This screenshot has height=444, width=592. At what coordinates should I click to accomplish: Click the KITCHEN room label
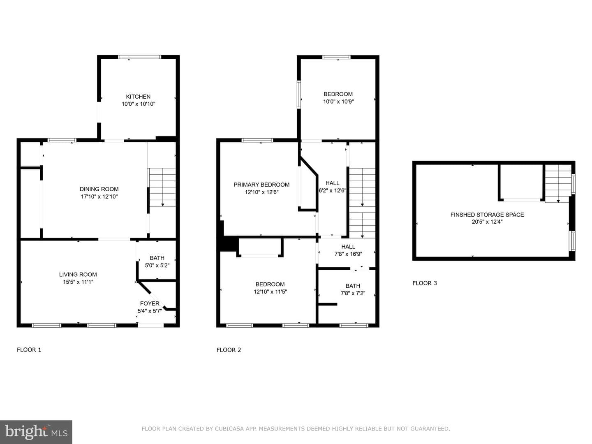(x=138, y=97)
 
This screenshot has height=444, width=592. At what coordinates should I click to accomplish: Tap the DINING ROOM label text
(x=99, y=189)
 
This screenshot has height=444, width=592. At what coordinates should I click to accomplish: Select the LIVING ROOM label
(x=78, y=275)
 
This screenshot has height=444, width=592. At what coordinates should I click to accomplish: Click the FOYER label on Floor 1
(x=150, y=303)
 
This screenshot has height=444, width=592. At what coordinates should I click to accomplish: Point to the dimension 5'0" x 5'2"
(x=157, y=265)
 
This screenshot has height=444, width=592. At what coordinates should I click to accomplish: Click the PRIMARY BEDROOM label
(x=261, y=185)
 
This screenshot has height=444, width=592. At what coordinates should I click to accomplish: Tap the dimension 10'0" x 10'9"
(x=338, y=102)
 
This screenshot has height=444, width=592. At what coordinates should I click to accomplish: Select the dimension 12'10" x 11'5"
(x=270, y=291)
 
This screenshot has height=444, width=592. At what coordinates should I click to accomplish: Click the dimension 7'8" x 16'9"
(x=348, y=254)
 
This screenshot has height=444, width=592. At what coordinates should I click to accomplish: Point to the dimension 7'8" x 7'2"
(x=353, y=293)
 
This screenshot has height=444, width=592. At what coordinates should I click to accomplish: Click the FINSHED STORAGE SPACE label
(x=487, y=215)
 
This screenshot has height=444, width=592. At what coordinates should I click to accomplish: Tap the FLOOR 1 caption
(x=29, y=350)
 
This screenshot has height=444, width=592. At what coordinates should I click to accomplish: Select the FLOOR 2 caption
(x=229, y=350)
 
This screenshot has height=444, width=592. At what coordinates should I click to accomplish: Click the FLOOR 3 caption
(x=425, y=283)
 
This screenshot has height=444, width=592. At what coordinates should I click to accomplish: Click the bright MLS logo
(x=36, y=432)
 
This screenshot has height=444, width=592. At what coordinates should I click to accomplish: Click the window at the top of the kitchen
(x=140, y=57)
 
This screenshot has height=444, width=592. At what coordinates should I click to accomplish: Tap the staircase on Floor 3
(x=558, y=183)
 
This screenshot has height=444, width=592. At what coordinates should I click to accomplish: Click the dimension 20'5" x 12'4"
(x=487, y=222)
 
